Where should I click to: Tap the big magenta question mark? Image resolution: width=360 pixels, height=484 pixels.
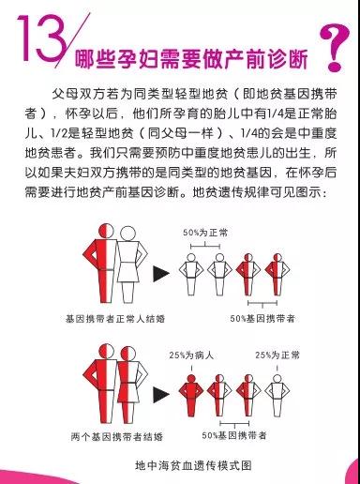(335, 47)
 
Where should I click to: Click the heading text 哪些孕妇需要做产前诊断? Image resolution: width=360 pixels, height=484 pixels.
(191, 58)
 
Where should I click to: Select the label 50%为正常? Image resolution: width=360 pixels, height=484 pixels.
(205, 233)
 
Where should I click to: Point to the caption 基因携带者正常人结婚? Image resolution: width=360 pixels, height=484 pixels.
(115, 319)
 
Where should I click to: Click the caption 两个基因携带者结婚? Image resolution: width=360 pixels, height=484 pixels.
(117, 436)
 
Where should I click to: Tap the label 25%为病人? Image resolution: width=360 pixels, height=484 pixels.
(191, 355)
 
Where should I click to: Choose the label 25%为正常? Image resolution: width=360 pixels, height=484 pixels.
(277, 355)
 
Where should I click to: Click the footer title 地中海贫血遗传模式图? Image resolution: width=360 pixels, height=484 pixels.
(193, 465)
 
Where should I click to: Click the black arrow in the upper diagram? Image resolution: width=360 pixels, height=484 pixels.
(160, 274)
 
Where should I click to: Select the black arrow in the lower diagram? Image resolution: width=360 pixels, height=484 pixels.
(160, 395)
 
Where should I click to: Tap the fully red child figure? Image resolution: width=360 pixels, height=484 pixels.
(191, 395)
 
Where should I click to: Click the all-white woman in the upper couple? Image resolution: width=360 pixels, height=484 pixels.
(129, 265)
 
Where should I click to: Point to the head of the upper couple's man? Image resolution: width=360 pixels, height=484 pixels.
(107, 231)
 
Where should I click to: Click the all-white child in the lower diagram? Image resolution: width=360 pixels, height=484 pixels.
(277, 395)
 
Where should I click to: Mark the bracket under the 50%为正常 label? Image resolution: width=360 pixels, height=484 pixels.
(205, 247)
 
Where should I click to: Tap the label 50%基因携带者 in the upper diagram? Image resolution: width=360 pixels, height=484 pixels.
(262, 319)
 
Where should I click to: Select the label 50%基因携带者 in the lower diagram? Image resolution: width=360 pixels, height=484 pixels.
(234, 435)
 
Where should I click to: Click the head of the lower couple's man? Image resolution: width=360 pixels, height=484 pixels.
(107, 352)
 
